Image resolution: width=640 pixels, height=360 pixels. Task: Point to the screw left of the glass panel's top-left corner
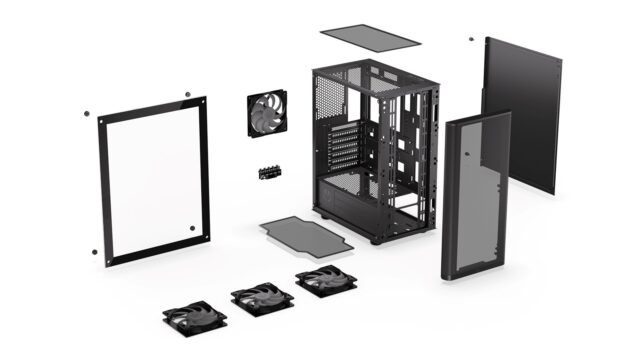(x=88, y=112)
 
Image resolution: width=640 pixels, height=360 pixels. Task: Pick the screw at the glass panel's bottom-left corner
(x=95, y=251)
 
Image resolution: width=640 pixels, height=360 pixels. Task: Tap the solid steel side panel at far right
(x=522, y=115)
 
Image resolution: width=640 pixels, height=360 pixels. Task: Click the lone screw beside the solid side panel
(x=470, y=40)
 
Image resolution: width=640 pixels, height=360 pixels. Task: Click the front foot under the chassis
(x=376, y=241)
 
